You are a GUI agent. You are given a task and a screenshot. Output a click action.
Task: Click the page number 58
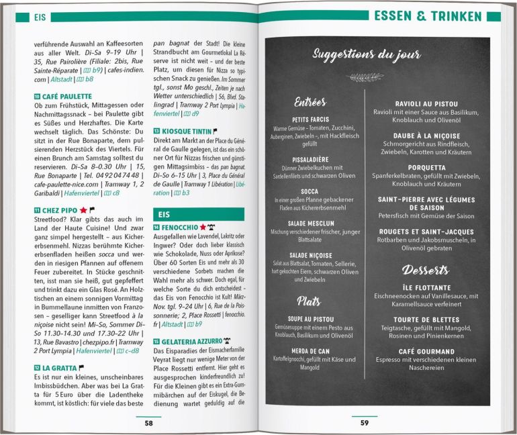point(148,423)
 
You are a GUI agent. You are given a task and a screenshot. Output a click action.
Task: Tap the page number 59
point(364,423)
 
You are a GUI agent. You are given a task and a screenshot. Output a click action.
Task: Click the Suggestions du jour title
point(366,54)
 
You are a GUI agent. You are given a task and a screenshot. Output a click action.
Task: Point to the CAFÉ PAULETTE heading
point(66,96)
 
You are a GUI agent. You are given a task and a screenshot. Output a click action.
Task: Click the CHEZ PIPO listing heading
point(60,210)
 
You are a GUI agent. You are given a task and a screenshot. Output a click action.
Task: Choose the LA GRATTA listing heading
point(60,368)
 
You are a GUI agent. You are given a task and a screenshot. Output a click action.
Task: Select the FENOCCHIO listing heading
point(179,228)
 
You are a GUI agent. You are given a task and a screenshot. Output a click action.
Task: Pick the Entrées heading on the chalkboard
point(310,103)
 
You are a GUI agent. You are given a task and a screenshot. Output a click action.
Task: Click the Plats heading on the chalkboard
point(310,300)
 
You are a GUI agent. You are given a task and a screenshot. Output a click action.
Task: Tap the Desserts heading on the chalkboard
point(425,270)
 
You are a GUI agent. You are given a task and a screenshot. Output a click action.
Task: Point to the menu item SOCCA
point(310,191)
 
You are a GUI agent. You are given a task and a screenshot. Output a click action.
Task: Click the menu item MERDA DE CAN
point(310,350)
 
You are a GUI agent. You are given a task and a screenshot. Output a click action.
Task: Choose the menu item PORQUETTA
point(426,167)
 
